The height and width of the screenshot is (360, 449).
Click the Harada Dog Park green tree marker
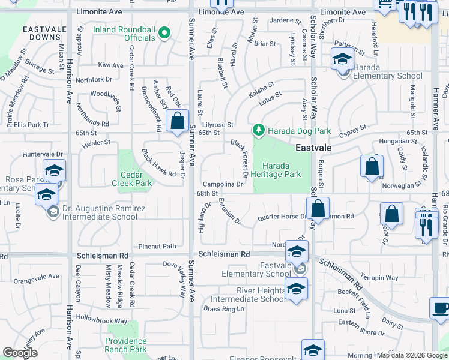coord(259,130)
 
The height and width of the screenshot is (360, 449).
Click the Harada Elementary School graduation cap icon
coord(342,59)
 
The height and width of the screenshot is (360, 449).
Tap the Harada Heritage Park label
coord(276,170)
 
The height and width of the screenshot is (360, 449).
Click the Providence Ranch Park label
coord(125,345)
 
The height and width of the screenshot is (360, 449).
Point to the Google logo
coord(20,353)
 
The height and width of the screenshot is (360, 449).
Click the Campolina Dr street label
coord(222,184)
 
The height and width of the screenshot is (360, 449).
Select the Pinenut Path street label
coord(157,246)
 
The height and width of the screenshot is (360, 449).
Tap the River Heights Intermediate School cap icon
coord(295,290)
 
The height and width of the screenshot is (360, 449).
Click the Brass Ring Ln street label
coord(224,309)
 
